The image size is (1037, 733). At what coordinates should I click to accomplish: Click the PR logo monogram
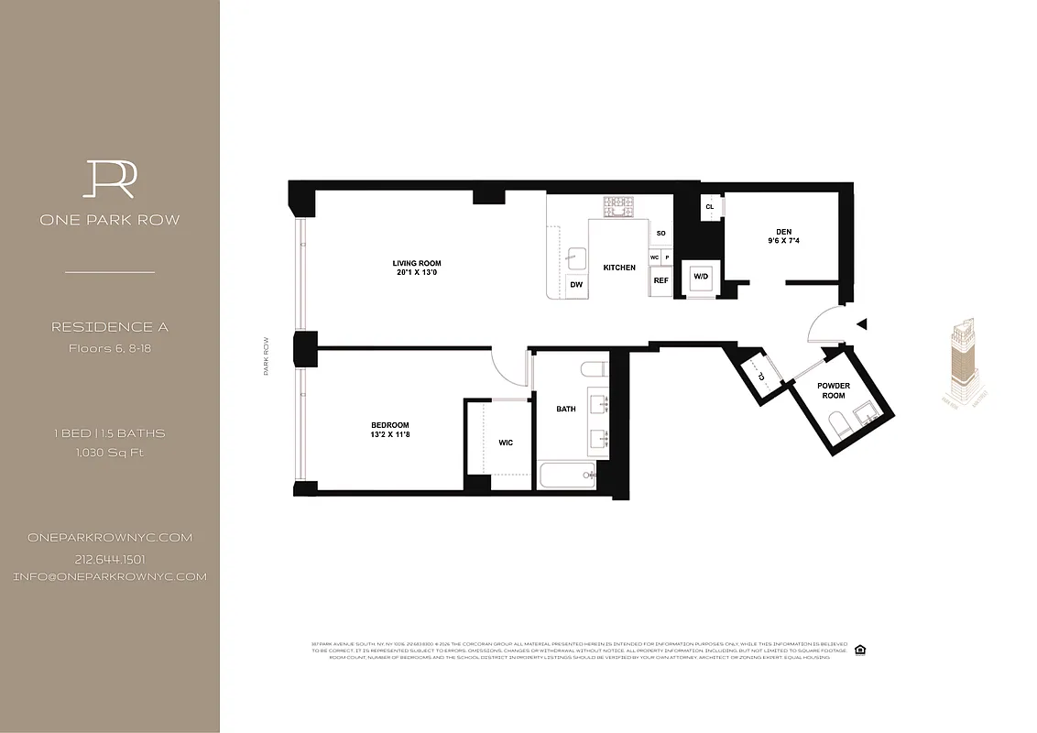pyautogui.click(x=110, y=179)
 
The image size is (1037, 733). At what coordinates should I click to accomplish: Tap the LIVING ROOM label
pyautogui.click(x=417, y=263)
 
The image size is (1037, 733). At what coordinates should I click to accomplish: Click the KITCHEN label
pyautogui.click(x=619, y=268)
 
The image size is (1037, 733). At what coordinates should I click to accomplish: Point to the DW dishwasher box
pyautogui.click(x=576, y=285)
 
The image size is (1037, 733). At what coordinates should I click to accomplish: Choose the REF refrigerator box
pyautogui.click(x=660, y=281)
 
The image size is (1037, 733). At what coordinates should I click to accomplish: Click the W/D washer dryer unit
pyautogui.click(x=701, y=277)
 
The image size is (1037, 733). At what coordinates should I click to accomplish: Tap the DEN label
pyautogui.click(x=782, y=232)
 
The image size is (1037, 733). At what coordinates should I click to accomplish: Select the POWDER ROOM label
pyautogui.click(x=834, y=390)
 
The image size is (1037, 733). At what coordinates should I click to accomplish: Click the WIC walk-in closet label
pyautogui.click(x=506, y=443)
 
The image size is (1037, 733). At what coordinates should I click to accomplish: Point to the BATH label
pyautogui.click(x=566, y=409)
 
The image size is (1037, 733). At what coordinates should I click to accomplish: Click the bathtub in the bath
pyautogui.click(x=566, y=474)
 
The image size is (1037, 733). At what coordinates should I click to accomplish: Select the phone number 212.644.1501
pyautogui.click(x=110, y=559)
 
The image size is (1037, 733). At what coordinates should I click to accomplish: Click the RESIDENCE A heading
pyautogui.click(x=110, y=327)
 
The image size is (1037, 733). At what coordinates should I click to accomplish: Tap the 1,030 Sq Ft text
pyautogui.click(x=110, y=452)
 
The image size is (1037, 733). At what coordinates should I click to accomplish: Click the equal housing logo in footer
pyautogui.click(x=859, y=650)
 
